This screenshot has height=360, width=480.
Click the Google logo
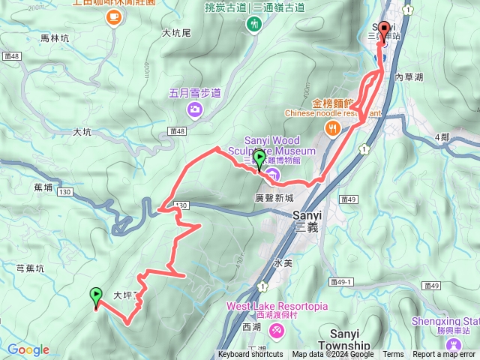tap(28, 349)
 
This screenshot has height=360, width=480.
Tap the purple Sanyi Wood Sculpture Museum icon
tap(271, 175)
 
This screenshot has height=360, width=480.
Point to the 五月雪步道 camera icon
tap(195, 111)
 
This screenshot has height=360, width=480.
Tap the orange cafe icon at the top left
tap(113, 16)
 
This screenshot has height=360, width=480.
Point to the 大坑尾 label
tap(177, 33)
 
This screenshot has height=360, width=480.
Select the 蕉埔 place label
tap(43, 189)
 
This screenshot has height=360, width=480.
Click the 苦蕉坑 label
tap(30, 267)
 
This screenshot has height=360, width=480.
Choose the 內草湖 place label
tap(409, 77)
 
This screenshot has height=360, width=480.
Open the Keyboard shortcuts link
tap(251, 355)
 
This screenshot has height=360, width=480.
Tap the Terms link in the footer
tap(393, 355)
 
